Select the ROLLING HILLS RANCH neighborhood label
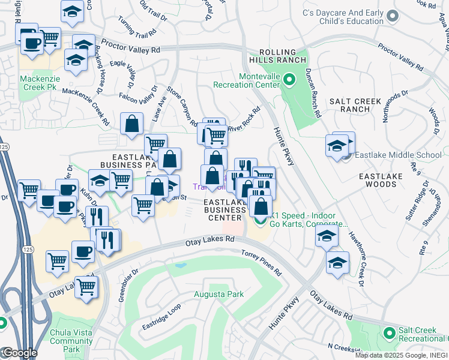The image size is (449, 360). [x=282, y=58]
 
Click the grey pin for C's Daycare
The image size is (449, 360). [x=393, y=16]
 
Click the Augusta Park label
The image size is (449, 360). [x=218, y=294]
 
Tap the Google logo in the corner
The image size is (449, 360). [x=19, y=353]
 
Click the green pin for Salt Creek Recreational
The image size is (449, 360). [x=389, y=332]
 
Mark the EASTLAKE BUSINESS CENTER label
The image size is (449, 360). [x=225, y=210]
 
